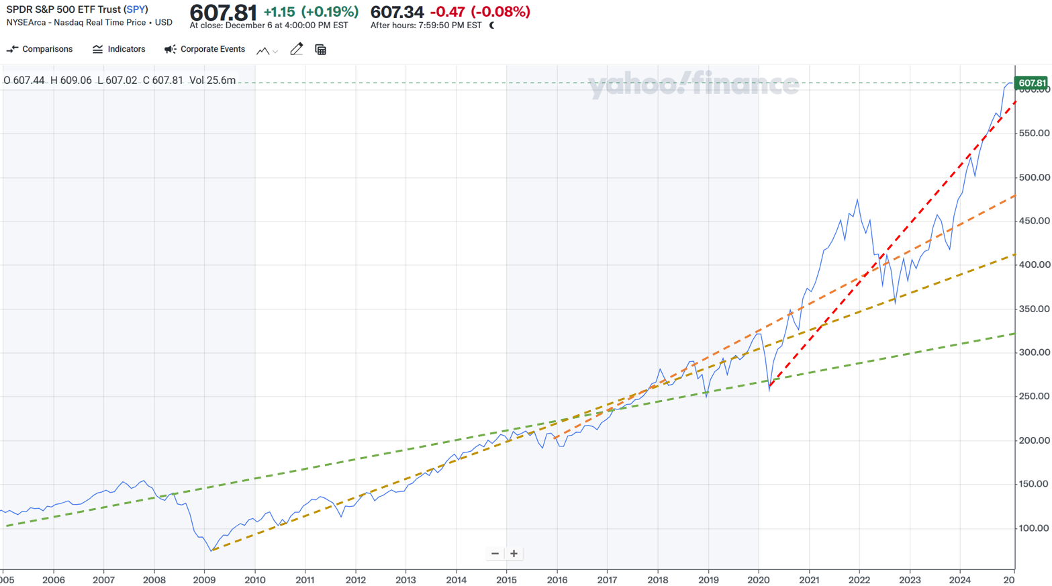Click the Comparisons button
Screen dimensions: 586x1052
click(40, 50)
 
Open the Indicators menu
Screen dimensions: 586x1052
click(119, 50)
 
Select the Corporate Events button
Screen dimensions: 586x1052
click(205, 50)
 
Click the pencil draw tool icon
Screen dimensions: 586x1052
click(296, 50)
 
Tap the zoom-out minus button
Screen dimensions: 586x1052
click(495, 554)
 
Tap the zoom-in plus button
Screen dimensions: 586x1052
click(514, 554)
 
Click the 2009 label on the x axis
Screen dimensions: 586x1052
click(204, 580)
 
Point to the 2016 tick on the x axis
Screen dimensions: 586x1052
click(557, 580)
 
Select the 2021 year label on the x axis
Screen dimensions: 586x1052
click(808, 580)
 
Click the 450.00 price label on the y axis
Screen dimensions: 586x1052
click(1034, 221)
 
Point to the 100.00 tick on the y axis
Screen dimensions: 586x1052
click(1034, 528)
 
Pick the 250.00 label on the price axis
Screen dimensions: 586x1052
click(1034, 396)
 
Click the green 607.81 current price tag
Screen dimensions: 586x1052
click(1031, 83)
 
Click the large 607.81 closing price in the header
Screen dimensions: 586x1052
click(223, 13)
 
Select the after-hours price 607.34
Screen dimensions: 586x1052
click(397, 12)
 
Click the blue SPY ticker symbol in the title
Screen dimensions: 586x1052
click(136, 9)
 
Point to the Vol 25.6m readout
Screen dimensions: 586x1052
click(212, 81)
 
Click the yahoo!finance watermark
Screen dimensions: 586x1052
click(693, 85)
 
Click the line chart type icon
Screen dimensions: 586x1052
click(263, 50)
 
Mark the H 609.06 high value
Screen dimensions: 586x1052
click(71, 81)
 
